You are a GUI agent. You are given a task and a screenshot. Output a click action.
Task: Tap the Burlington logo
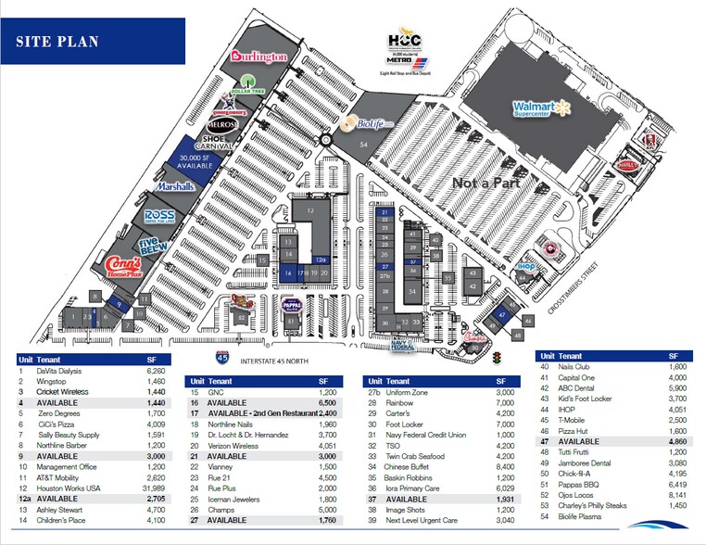click(258, 57)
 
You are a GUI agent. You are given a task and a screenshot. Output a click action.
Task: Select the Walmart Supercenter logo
click(547, 109)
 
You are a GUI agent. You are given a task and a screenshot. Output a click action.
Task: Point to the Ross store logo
click(159, 217)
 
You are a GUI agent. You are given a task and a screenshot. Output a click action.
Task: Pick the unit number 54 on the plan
click(364, 146)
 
